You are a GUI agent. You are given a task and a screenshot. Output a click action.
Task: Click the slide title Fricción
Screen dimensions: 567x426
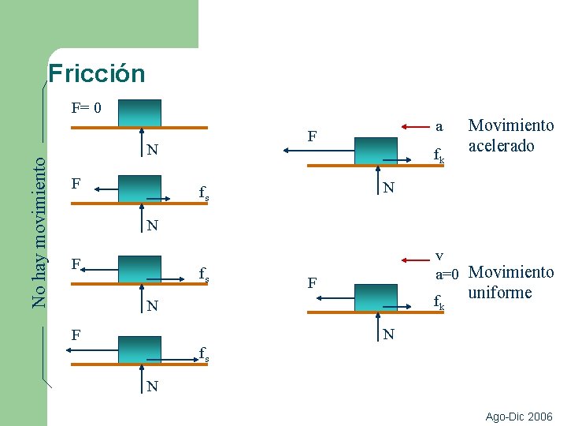pos(96,73)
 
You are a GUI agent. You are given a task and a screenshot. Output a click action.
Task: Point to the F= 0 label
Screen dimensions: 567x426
pos(86,107)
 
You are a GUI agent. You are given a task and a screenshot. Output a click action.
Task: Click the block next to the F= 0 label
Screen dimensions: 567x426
pos(139,113)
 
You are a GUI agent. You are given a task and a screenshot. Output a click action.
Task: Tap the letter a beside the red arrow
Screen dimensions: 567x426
pos(439,125)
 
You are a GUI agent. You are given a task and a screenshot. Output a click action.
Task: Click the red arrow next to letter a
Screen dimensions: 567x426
pos(416,125)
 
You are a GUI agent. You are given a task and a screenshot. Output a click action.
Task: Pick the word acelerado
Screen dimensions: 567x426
pos(502,146)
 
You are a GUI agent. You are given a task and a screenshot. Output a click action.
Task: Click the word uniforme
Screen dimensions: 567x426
pos(499,293)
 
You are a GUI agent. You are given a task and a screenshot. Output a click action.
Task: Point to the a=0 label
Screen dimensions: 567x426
pos(453,274)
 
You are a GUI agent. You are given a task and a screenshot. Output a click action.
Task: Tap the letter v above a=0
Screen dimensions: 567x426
pos(440,256)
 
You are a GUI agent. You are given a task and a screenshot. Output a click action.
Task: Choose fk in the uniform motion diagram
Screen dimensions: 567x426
pos(439,301)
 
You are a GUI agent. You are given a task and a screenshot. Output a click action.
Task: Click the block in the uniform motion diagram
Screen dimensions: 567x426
pos(376,298)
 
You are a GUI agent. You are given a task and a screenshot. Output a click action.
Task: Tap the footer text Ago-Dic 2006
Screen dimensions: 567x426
pos(519,417)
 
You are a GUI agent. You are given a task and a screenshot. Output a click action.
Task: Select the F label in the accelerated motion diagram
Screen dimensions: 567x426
pos(313,136)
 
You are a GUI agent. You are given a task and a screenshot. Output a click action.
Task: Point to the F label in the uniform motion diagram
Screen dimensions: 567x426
pos(313,282)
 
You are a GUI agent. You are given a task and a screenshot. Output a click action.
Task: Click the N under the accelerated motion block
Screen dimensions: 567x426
pos(388,188)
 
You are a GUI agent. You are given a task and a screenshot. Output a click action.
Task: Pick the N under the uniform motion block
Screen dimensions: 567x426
pos(388,334)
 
